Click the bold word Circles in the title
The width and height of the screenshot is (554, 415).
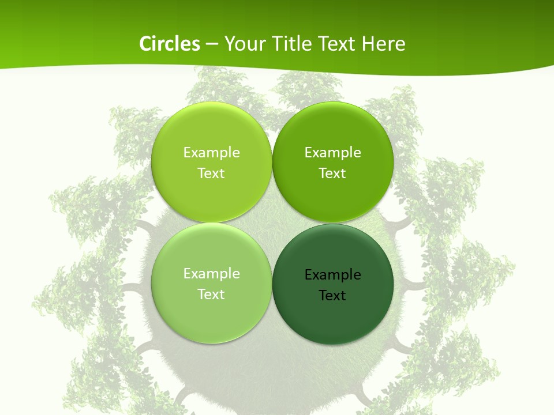pos(169,44)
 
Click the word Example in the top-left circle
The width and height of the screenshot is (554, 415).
pos(211,153)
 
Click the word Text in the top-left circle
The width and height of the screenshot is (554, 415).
pos(211,173)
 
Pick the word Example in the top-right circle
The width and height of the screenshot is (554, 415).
pos(332,153)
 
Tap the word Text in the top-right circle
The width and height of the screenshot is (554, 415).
pos(332,173)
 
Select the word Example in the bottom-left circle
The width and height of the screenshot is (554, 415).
pos(211,274)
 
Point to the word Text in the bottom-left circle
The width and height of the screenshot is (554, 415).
pos(211,295)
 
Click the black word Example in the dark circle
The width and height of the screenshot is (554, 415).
pos(332,275)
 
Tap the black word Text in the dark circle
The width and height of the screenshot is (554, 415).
pos(332,296)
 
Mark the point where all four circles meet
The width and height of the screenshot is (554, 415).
pos(272,222)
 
